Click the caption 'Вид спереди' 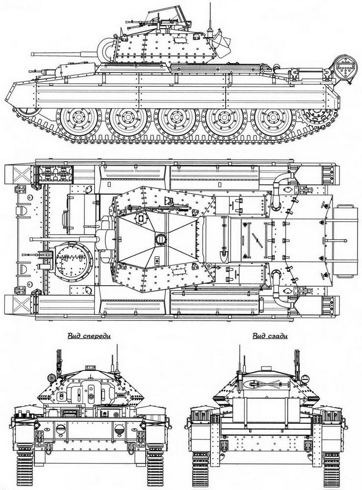click(x=89, y=336)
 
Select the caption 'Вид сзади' click(x=270, y=336)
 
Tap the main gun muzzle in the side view click(x=32, y=54)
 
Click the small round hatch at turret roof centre click(x=160, y=240)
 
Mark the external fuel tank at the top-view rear click(x=345, y=241)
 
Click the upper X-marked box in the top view click(x=22, y=174)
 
